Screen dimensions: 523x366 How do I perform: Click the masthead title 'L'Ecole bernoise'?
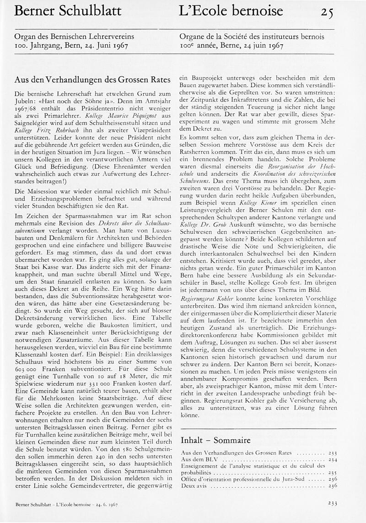(x=231, y=11)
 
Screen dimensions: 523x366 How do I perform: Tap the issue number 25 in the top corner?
(x=326, y=12)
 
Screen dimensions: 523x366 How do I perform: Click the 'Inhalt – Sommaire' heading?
(x=215, y=440)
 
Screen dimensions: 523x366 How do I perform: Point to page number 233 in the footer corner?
(x=333, y=503)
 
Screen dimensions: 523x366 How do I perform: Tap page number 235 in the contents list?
(x=333, y=472)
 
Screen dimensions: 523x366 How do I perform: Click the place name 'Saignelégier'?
(x=36, y=124)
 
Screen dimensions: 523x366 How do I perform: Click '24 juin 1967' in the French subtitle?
(x=262, y=46)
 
